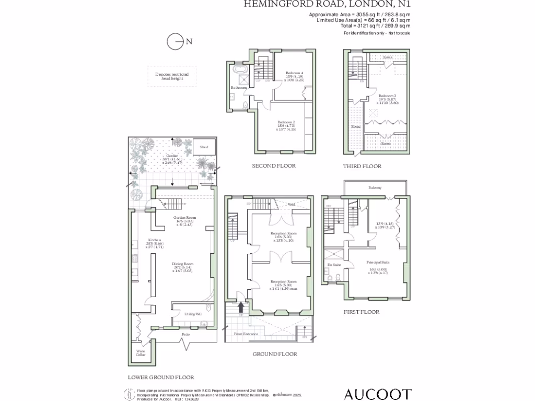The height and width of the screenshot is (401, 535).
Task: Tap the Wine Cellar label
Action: click(141, 352)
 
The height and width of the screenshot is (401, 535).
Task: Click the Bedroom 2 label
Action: click(285, 122)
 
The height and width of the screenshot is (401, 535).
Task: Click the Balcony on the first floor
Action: click(375, 187)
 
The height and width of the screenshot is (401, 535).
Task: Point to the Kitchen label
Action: click(139, 240)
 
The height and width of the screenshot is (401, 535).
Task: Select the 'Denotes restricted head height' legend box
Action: click(172, 76)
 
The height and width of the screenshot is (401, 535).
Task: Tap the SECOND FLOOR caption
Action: click(274, 166)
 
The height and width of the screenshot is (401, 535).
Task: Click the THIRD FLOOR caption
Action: click(362, 166)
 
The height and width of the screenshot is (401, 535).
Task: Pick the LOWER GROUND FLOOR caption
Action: click(161, 377)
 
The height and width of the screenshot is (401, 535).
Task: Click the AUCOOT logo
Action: click(377, 394)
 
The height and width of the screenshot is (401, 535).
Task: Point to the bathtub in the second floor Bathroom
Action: click(241, 69)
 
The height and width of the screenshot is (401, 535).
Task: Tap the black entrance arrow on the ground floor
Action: click(241, 306)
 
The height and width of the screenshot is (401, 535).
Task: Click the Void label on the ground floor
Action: click(292, 204)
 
